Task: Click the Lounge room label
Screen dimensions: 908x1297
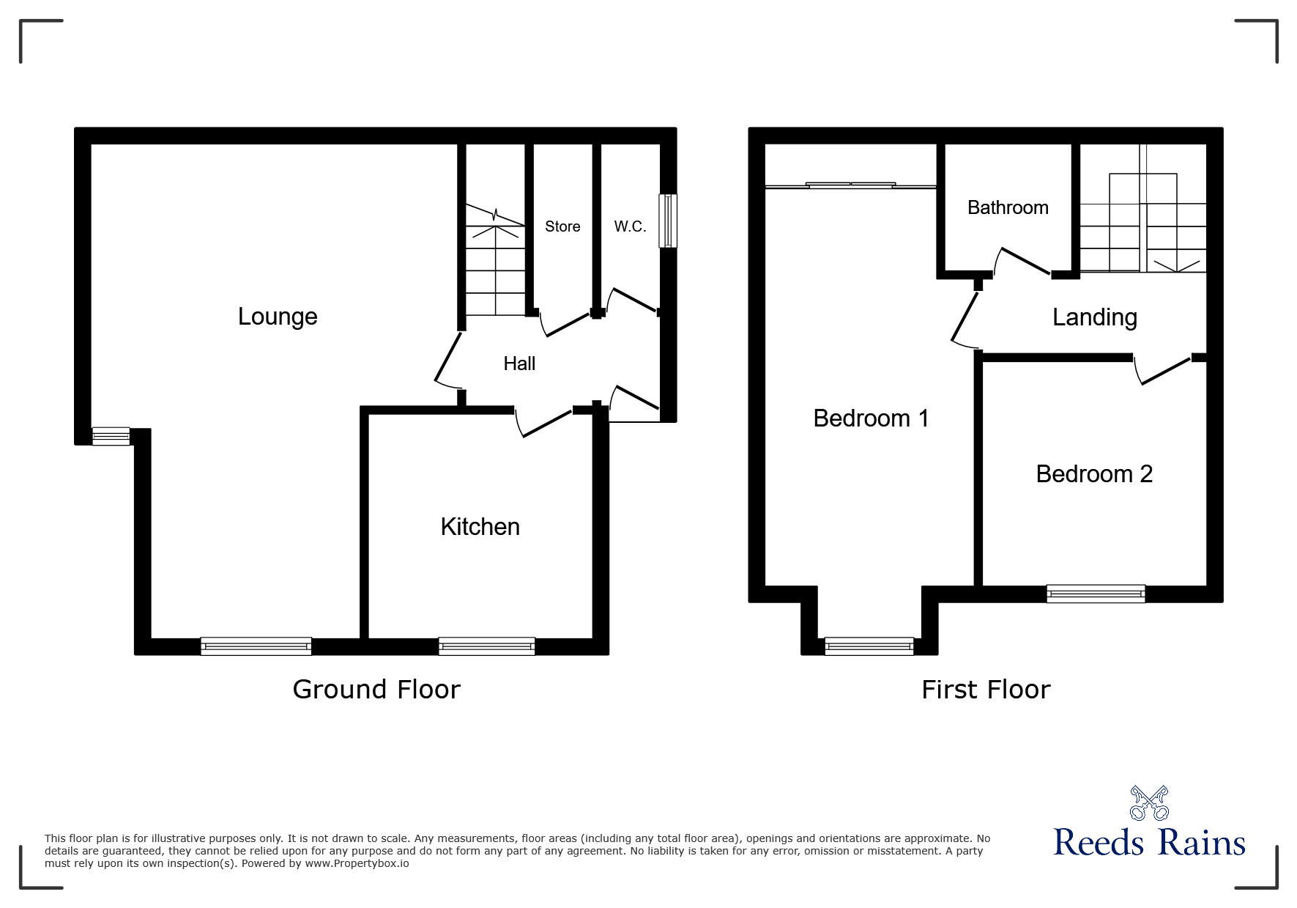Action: [x=278, y=317]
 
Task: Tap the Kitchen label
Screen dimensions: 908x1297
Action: [x=480, y=527]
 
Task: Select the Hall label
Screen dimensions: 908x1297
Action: [x=519, y=363]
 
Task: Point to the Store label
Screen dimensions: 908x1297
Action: [x=562, y=226]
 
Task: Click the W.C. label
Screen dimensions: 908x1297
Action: [x=630, y=226]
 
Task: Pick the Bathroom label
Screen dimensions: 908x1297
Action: [x=1008, y=208]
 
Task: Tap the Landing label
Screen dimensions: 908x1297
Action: [x=1094, y=317]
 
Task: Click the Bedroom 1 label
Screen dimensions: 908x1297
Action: [x=871, y=418]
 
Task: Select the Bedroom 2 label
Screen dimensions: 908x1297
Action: [x=1094, y=474]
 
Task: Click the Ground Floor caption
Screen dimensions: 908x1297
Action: [x=376, y=690]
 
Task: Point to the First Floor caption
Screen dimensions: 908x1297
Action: [x=986, y=690]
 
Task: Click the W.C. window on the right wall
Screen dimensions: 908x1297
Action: [x=667, y=221]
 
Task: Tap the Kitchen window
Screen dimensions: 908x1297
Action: [x=486, y=646]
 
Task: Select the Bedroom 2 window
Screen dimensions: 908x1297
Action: [x=1095, y=594]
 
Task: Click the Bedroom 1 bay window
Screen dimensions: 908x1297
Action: [x=869, y=646]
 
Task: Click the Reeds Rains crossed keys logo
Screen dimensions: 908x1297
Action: [x=1148, y=803]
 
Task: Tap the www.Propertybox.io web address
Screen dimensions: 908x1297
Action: [x=357, y=863]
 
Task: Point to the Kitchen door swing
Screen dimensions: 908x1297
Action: [x=545, y=424]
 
